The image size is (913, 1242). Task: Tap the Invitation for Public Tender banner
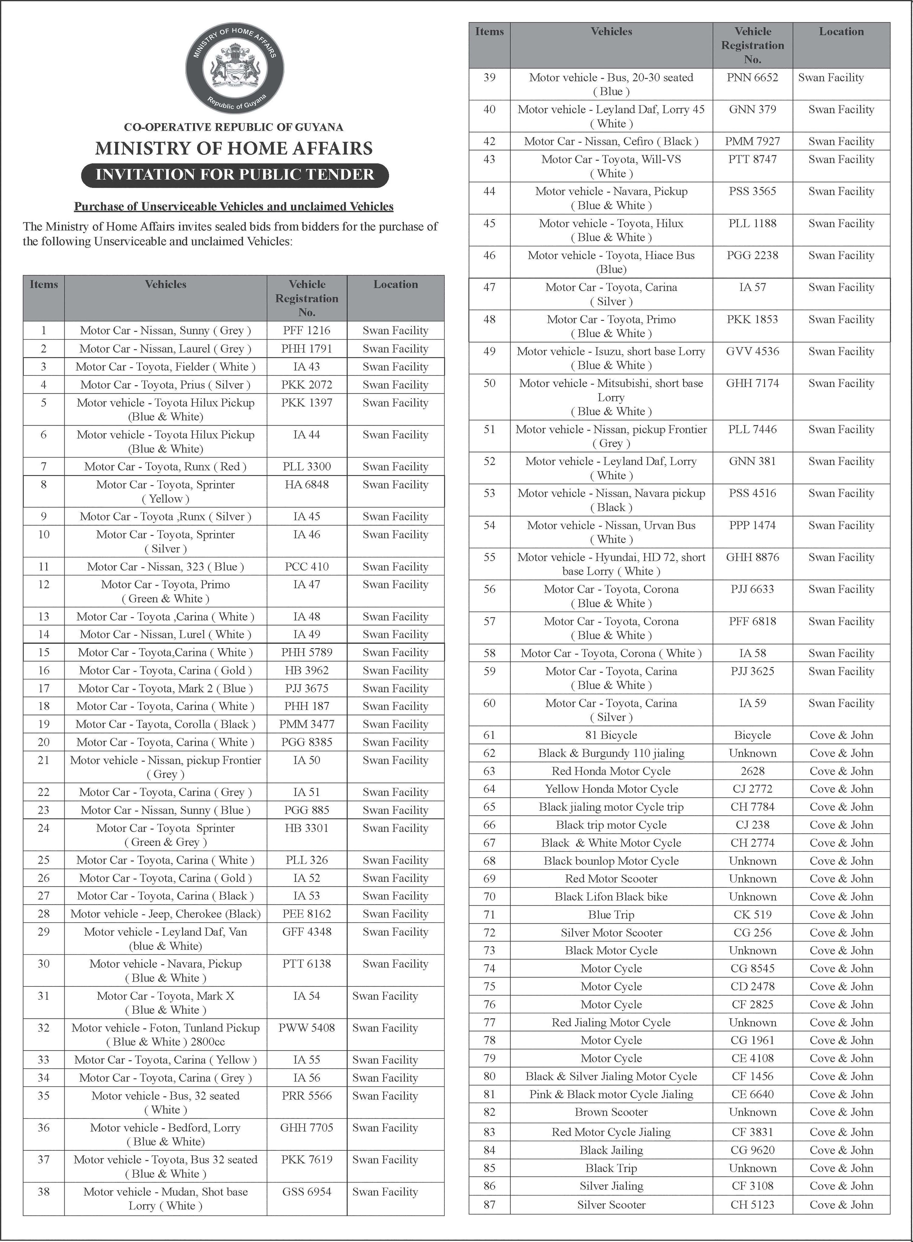235,175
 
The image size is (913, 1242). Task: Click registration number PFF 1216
307,330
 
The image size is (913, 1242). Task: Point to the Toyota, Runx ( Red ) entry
165,467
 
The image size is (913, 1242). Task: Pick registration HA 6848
307,485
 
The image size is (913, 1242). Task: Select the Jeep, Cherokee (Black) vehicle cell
165,914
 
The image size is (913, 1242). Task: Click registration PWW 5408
307,1028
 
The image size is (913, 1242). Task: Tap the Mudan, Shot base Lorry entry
165,1199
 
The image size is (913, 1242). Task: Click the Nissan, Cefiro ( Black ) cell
611,142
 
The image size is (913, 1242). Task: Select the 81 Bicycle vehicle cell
611,735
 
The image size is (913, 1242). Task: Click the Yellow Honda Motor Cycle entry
611,789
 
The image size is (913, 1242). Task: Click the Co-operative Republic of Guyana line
234,127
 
